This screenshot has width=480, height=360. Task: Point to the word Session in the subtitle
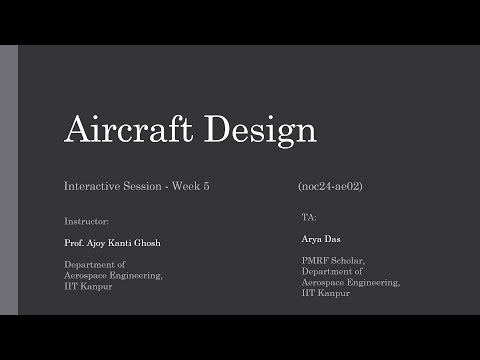143,187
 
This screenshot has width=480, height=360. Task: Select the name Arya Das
322,239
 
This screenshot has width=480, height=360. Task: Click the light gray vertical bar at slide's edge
9,180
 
